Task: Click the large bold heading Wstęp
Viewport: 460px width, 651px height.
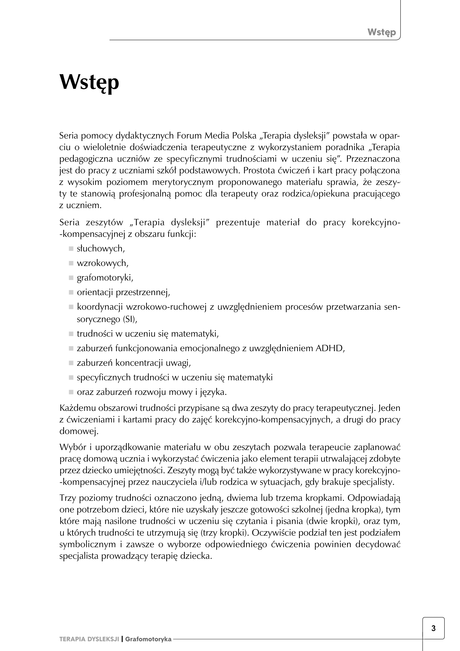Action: click(x=89, y=82)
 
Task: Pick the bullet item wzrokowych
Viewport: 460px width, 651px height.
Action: click(x=103, y=263)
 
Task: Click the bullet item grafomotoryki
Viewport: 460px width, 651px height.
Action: click(x=105, y=278)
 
